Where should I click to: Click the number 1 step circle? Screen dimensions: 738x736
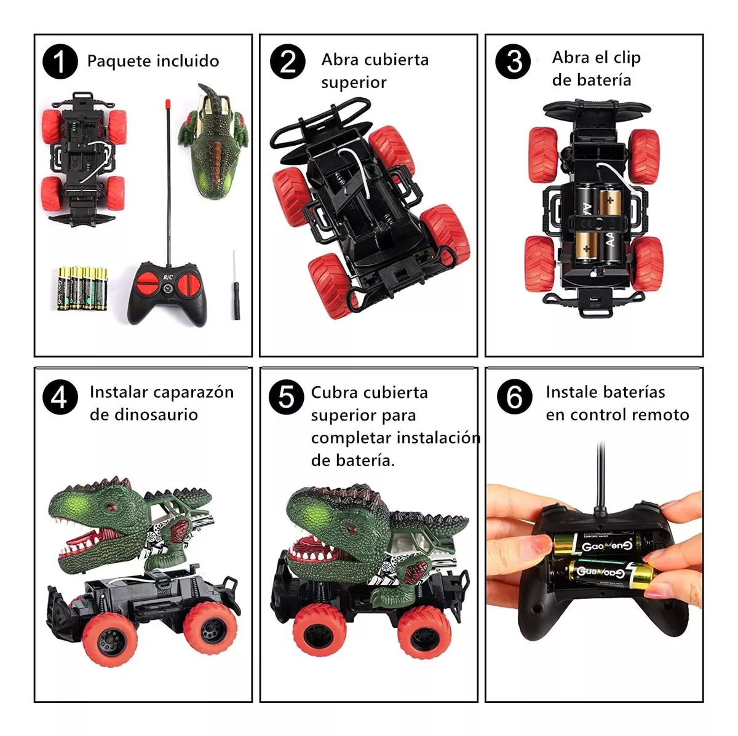[60, 61]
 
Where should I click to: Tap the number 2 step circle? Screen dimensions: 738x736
[287, 61]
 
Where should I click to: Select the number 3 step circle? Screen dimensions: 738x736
[513, 61]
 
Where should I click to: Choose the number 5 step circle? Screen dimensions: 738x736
[287, 397]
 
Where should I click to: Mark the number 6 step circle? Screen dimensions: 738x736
[514, 397]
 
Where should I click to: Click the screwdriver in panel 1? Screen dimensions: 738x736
[236, 286]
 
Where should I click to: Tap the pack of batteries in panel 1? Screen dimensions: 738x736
[82, 288]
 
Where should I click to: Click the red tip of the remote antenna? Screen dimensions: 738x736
[167, 104]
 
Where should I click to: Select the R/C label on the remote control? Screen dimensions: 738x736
[168, 277]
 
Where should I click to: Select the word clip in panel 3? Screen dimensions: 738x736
[627, 58]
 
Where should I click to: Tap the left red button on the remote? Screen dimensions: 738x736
[148, 283]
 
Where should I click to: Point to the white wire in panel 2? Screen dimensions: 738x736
[357, 170]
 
